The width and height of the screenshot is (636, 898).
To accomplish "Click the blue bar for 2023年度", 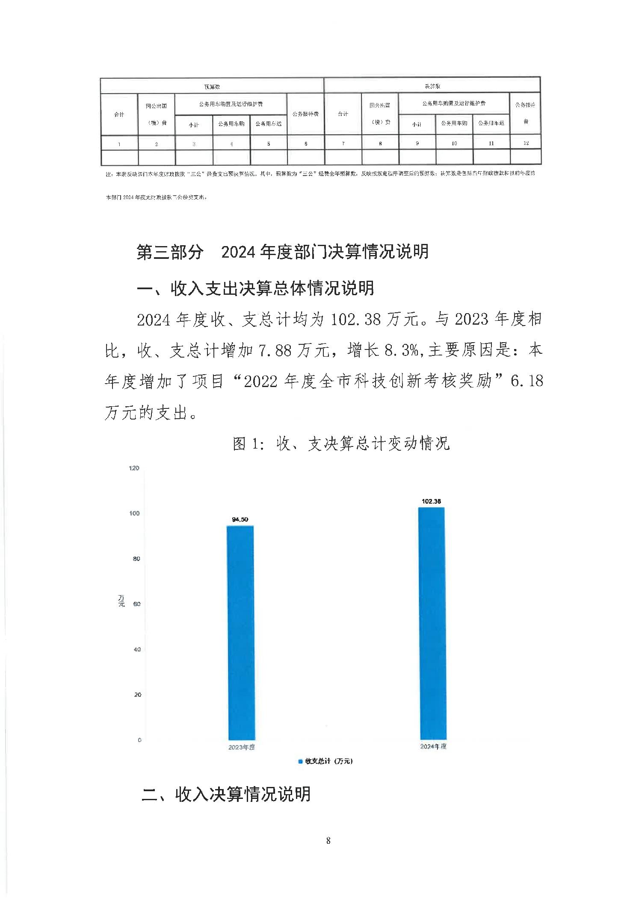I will pos(241,632).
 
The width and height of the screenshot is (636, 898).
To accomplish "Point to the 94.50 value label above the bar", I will pos(240,519).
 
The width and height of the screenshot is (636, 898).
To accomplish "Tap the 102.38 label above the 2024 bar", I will pos(431,501).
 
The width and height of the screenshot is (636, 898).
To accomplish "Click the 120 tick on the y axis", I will pos(134,468).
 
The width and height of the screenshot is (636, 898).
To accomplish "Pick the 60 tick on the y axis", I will pos(137,604).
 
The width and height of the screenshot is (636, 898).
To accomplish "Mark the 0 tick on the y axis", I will pos(139,740).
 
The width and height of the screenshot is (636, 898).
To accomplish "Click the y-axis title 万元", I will pos(121,601).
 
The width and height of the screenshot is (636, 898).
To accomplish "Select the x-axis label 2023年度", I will pos(241,747).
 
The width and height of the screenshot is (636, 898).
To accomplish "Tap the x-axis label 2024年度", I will pos(433,746).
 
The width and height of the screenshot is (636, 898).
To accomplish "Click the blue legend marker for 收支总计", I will pos(300,761).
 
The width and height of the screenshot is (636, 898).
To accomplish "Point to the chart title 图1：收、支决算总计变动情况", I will pos(341,443).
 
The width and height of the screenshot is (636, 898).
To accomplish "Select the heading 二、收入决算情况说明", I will pos(226,794).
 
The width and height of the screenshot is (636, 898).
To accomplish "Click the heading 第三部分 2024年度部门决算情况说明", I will pos(282,252).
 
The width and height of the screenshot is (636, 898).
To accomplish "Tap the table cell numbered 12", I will pos(526,143).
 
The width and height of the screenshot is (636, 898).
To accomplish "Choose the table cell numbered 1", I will pos(119,144).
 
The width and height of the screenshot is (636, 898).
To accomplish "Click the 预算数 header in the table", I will pos(212,87).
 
